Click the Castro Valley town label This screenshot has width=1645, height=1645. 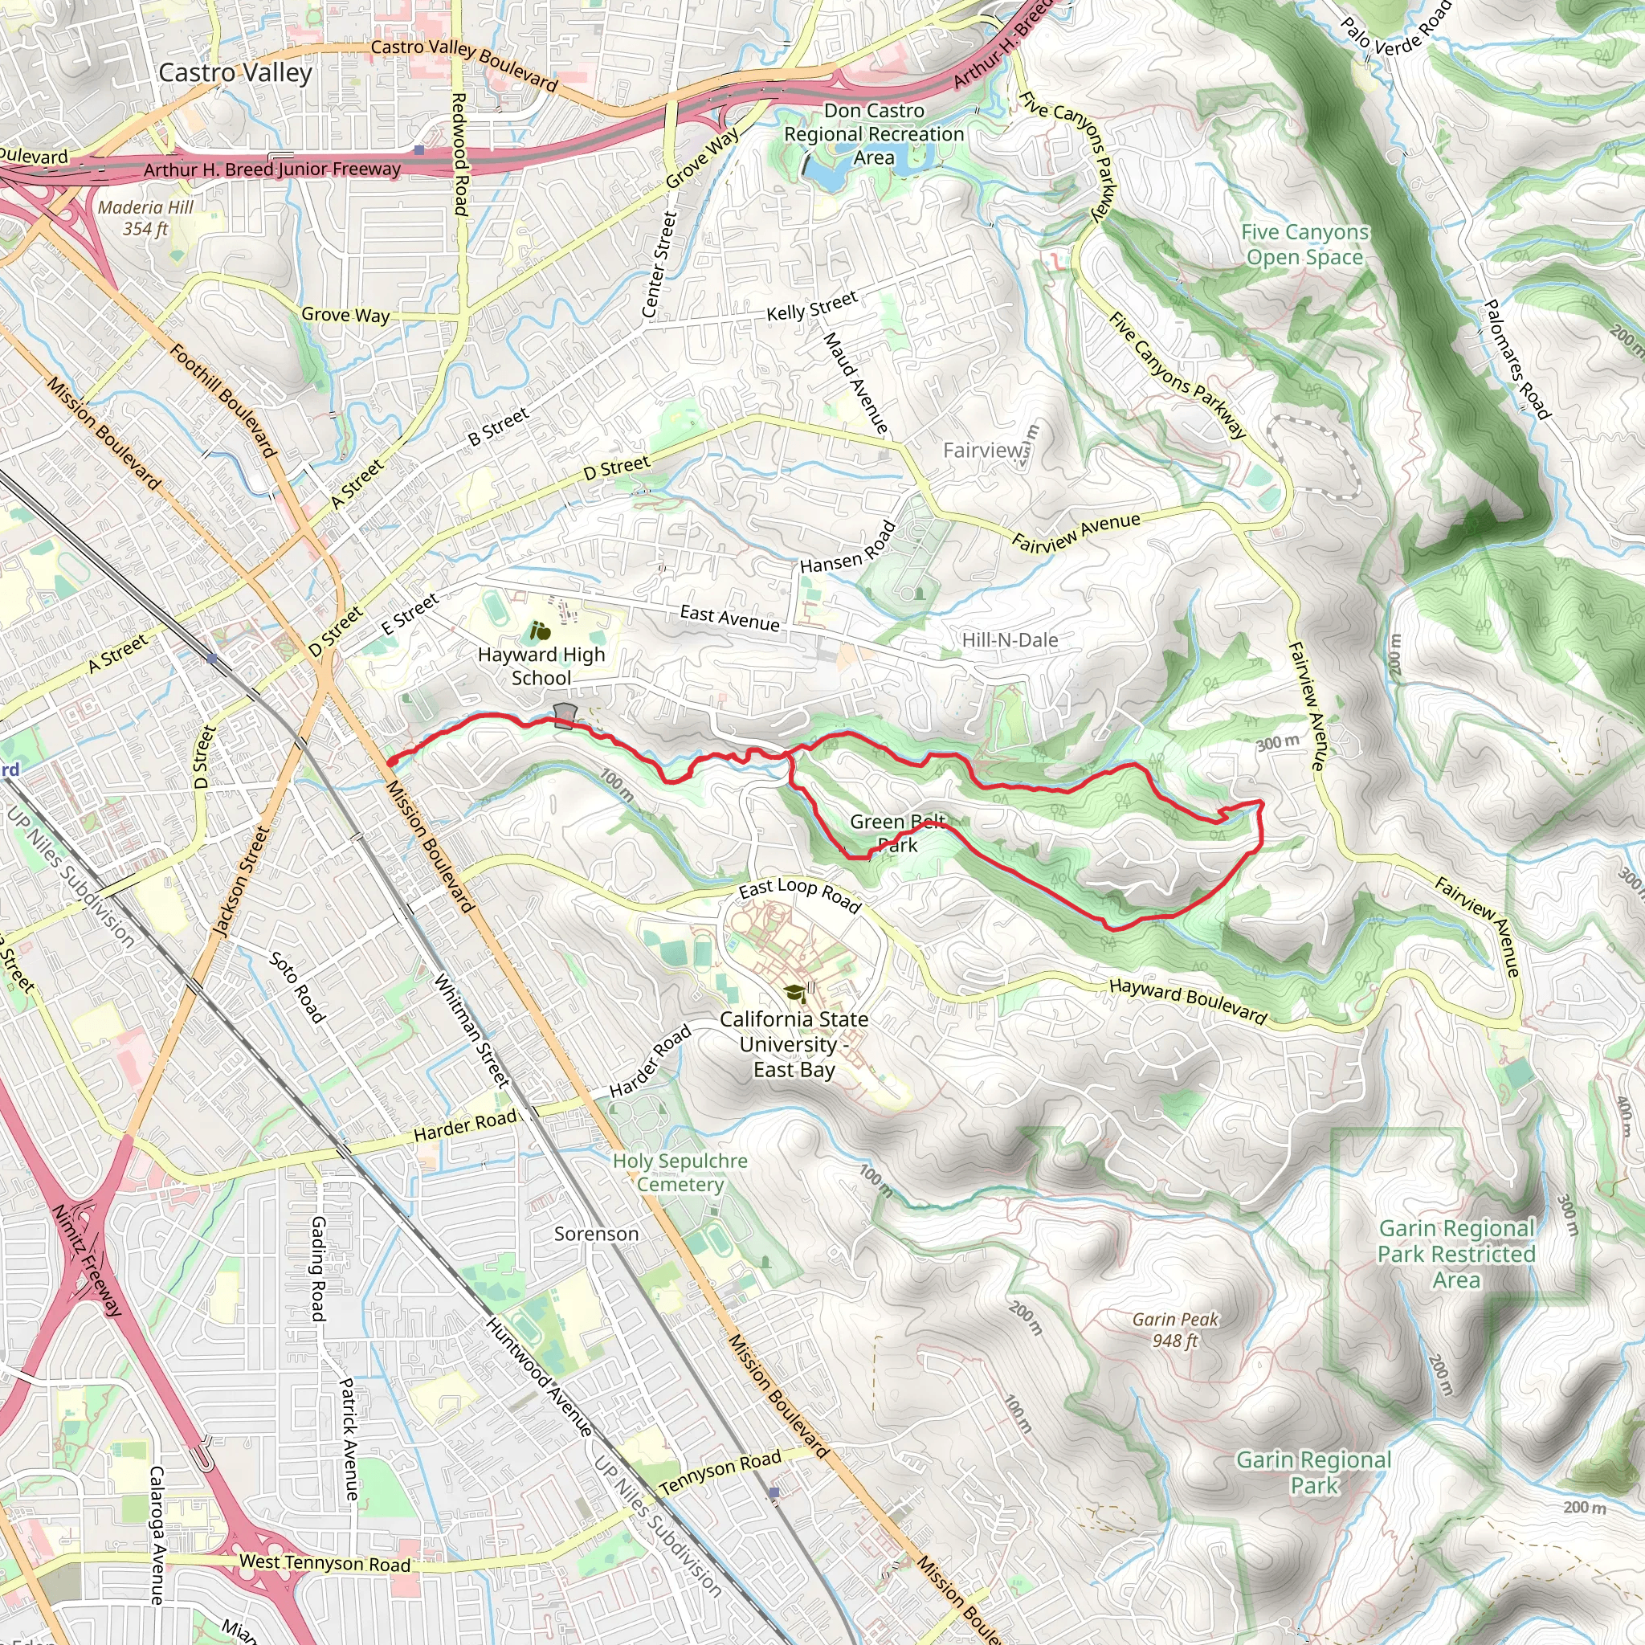point(235,73)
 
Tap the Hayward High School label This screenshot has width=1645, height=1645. point(541,667)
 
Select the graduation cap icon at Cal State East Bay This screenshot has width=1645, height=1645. point(794,993)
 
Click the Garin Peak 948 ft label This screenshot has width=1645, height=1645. point(1175,1330)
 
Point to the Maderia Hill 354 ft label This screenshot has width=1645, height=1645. point(145,218)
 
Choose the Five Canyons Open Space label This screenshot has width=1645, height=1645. point(1304,244)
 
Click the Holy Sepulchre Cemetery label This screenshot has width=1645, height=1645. point(680,1173)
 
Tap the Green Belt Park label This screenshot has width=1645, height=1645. point(896,833)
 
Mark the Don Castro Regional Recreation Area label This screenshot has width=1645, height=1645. point(874,133)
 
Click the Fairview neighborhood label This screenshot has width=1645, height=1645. point(984,450)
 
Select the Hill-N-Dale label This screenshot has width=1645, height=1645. point(1010,640)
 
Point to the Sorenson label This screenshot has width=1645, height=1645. point(596,1234)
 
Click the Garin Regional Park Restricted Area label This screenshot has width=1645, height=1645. point(1456,1254)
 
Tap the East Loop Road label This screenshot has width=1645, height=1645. point(799,894)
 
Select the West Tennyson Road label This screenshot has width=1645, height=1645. point(325,1563)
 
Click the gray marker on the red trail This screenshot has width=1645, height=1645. point(565,715)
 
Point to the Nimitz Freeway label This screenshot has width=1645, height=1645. point(88,1260)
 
